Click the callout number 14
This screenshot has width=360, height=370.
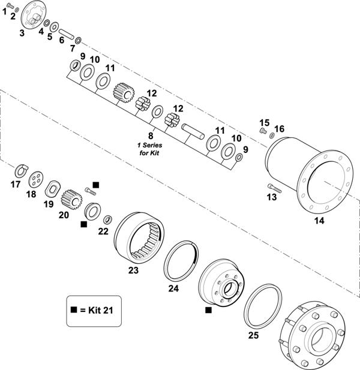coord(319,221)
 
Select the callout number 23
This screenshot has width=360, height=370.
coord(134,270)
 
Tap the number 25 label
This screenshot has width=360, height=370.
coord(254,335)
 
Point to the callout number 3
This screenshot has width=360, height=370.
coord(22,33)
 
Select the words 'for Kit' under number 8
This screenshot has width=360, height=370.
coord(149,154)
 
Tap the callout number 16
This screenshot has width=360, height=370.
coord(280,129)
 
